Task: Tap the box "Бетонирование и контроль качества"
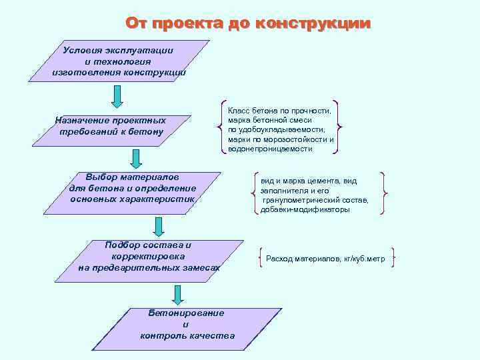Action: (x=187, y=324)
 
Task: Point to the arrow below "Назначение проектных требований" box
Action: (x=135, y=158)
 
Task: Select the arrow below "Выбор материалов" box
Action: (x=158, y=227)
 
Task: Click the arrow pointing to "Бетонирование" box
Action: (x=177, y=295)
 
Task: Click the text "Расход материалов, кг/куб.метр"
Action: (x=325, y=259)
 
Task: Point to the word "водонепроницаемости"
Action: (x=270, y=149)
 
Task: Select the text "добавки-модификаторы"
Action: (x=305, y=209)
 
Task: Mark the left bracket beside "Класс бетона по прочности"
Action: (x=222, y=127)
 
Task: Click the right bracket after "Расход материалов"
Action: (x=393, y=259)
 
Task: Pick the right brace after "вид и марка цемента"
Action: (x=383, y=193)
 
